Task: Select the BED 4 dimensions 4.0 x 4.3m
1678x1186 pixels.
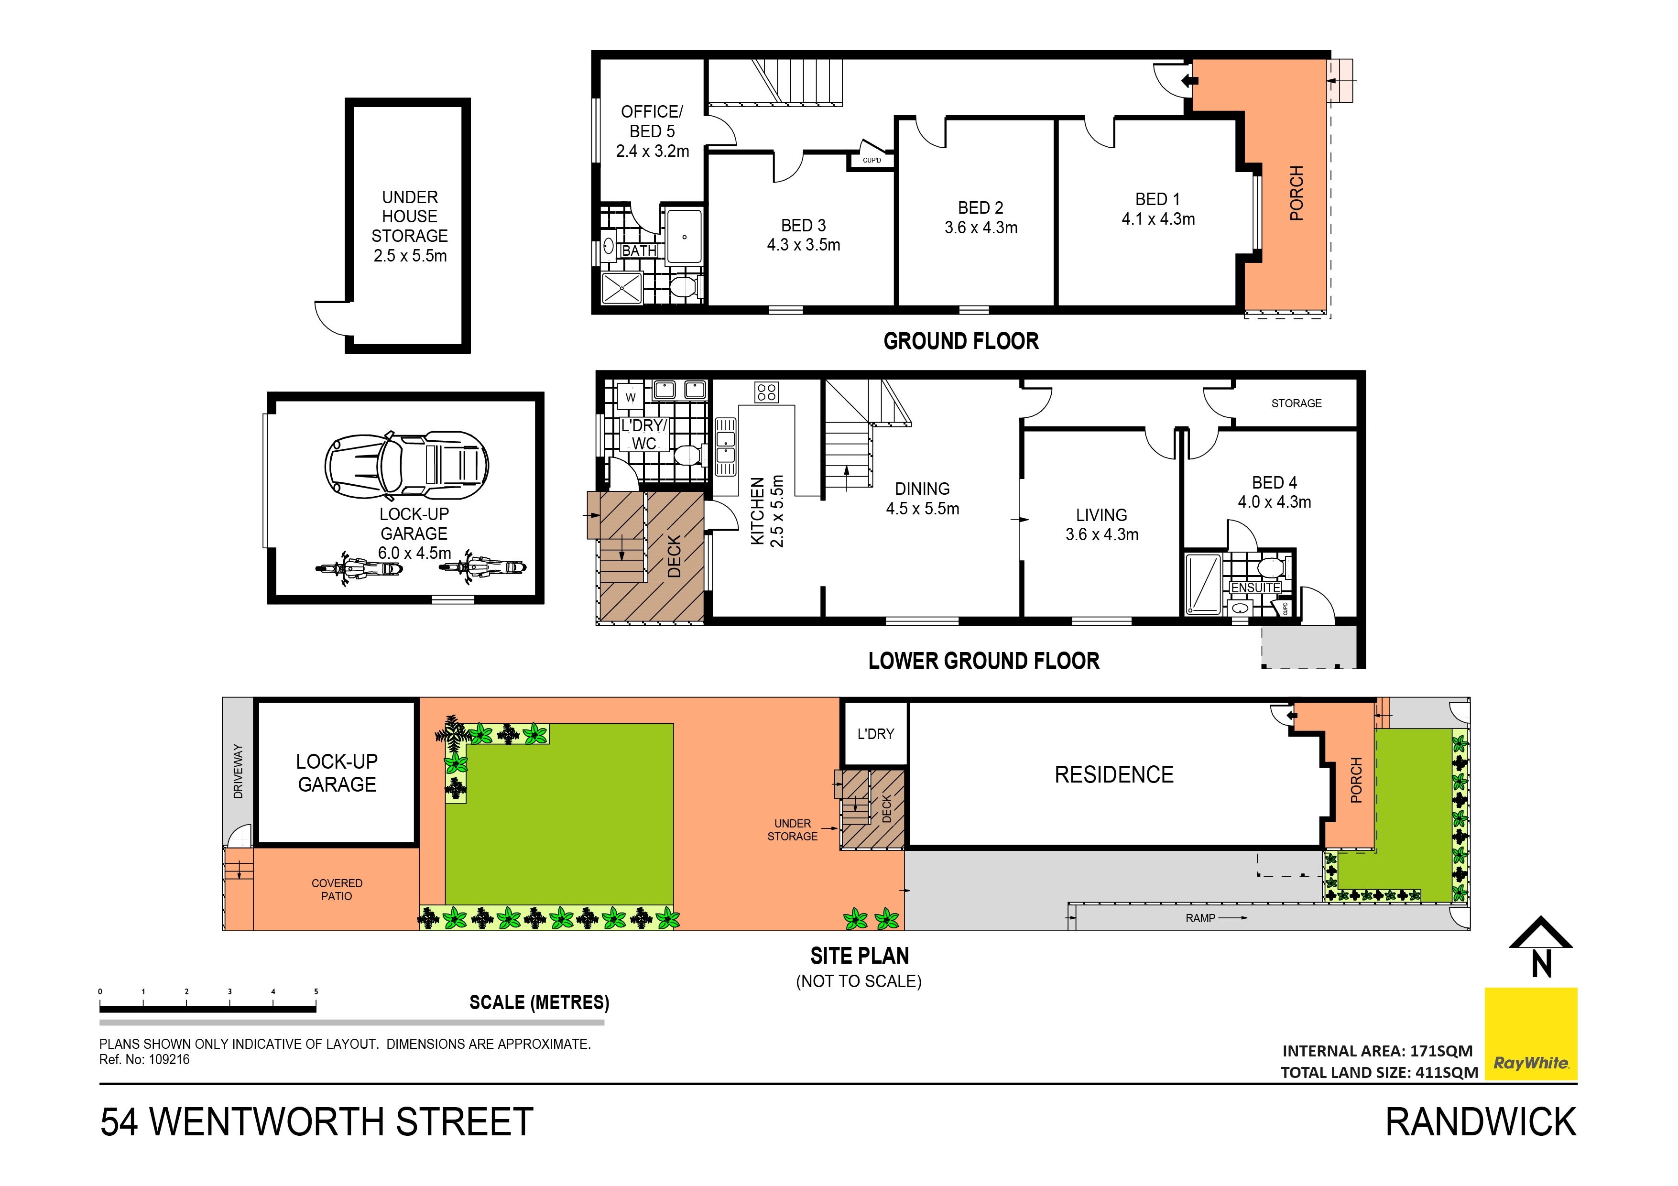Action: pos(1274,502)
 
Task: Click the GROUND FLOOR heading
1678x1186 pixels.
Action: pos(960,341)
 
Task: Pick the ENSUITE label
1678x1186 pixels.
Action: pos(1255,588)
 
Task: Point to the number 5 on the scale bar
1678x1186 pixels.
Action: pos(316,991)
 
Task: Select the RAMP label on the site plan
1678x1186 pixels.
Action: pos(1200,919)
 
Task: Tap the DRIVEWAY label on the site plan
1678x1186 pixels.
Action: pos(238,771)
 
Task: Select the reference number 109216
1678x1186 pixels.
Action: pos(169,1060)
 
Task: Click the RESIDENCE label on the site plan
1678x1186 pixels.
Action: pos(1114,774)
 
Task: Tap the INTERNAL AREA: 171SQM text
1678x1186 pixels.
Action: pos(1377,1051)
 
